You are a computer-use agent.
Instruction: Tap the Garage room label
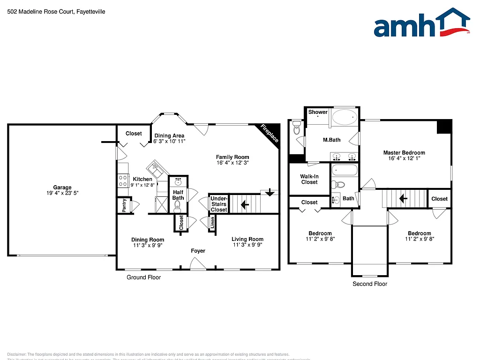pyautogui.click(x=62, y=187)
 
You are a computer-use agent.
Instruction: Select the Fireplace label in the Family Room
pyautogui.click(x=270, y=133)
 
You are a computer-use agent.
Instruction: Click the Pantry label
pyautogui.click(x=124, y=205)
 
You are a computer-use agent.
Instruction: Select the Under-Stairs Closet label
pyautogui.click(x=218, y=204)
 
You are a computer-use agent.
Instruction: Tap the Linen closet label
pyautogui.click(x=212, y=224)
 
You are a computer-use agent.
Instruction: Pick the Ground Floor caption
pyautogui.click(x=143, y=277)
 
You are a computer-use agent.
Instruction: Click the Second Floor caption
pyautogui.click(x=369, y=284)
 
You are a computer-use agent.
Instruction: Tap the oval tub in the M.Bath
pyautogui.click(x=344, y=117)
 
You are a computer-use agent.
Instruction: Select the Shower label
pyautogui.click(x=318, y=112)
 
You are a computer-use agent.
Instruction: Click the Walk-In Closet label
pyautogui.click(x=309, y=179)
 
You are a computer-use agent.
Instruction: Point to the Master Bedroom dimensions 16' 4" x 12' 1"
pyautogui.click(x=404, y=158)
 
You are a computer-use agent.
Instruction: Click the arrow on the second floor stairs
pyautogui.click(x=402, y=198)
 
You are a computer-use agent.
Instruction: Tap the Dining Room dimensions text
pyautogui.click(x=147, y=245)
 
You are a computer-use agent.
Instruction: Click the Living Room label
pyautogui.click(x=247, y=239)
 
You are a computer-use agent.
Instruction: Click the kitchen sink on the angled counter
pyautogui.click(x=155, y=168)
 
